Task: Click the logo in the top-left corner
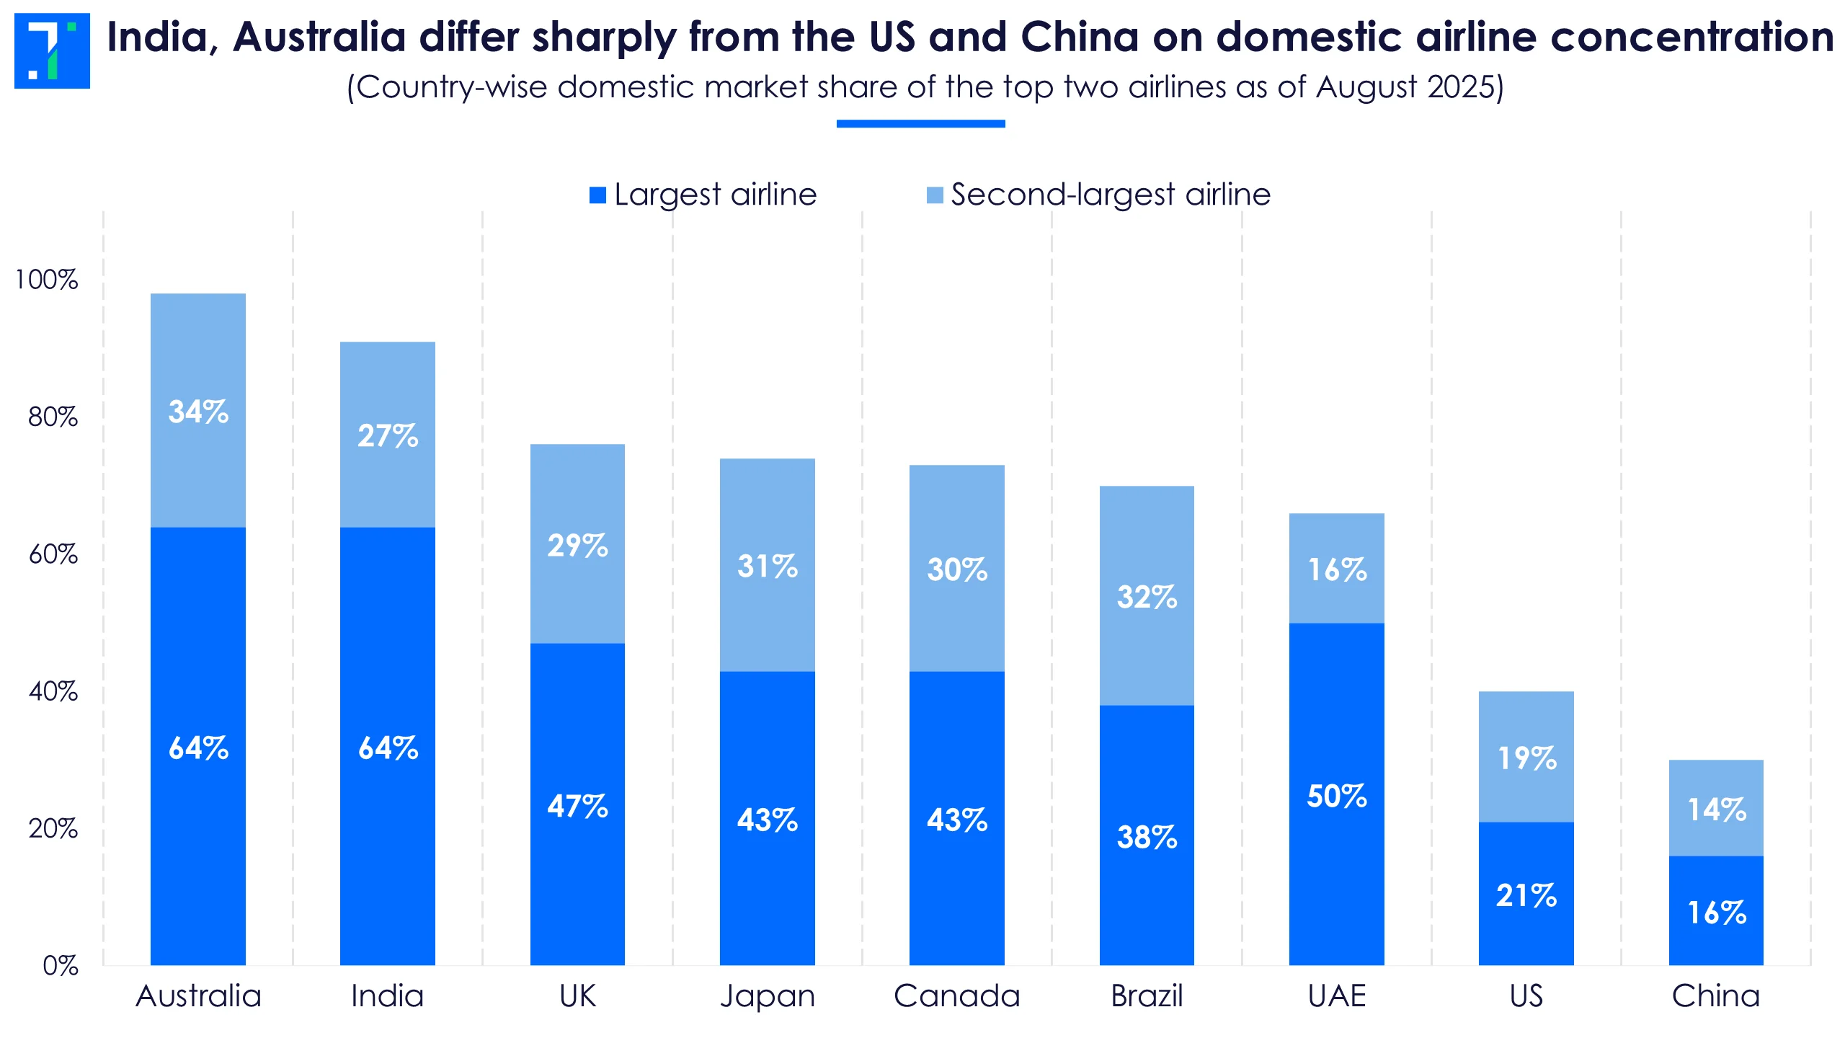(x=52, y=50)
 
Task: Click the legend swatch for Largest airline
(x=597, y=195)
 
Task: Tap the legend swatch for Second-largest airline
(x=934, y=195)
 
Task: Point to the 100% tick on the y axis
(x=47, y=280)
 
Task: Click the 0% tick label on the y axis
(x=61, y=965)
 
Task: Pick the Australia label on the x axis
(x=198, y=996)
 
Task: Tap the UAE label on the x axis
(x=1337, y=996)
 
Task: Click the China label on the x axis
(x=1716, y=996)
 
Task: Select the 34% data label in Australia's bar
(x=198, y=412)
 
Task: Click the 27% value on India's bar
(x=388, y=435)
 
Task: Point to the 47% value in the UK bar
(x=577, y=806)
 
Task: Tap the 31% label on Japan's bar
(x=768, y=566)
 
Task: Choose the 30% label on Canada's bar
(x=957, y=569)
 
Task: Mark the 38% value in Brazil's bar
(x=1147, y=837)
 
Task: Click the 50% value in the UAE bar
(x=1337, y=796)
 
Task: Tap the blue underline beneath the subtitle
(x=920, y=124)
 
